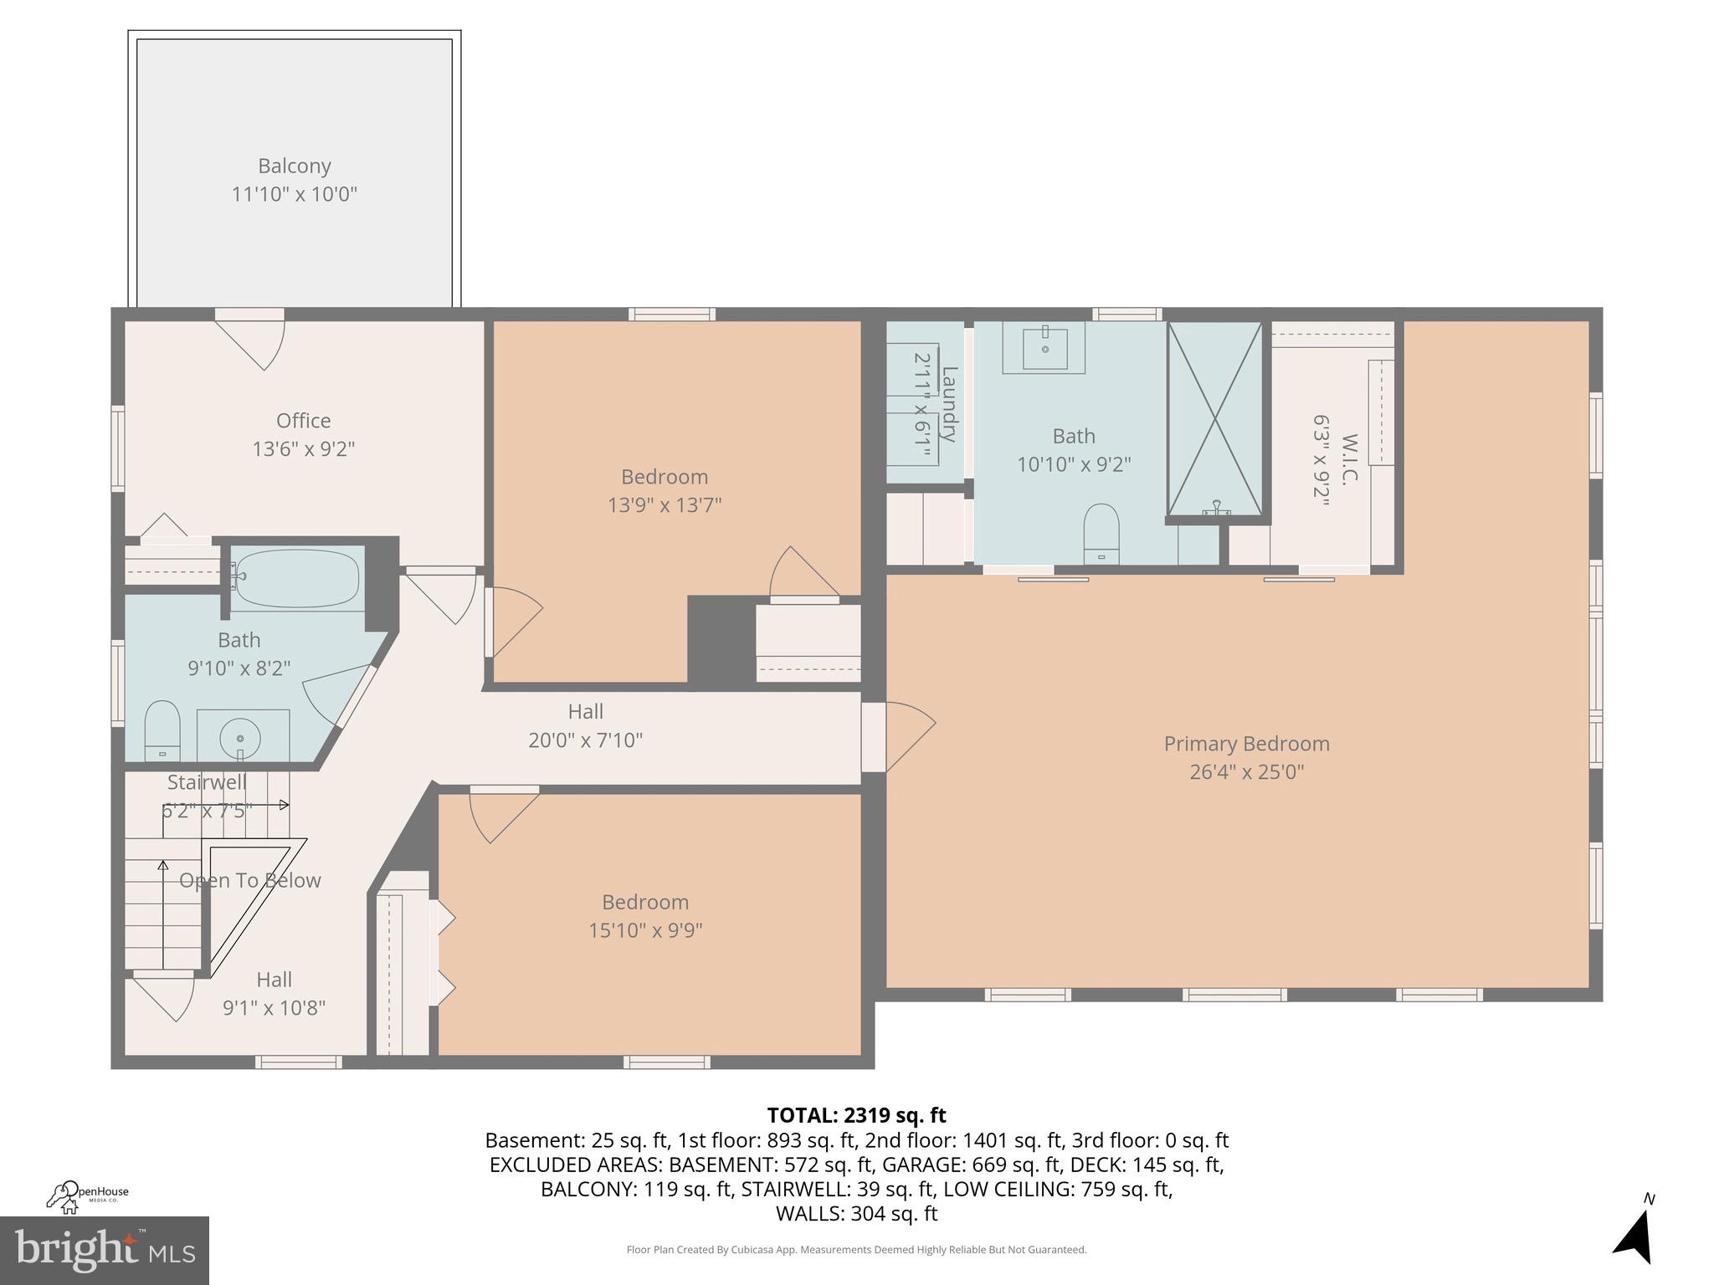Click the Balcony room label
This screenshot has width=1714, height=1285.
click(294, 166)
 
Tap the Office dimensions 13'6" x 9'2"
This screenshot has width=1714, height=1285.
click(303, 449)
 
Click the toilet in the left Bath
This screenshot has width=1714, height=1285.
click(162, 730)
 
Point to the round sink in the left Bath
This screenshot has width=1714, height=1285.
click(241, 738)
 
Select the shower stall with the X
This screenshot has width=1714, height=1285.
click(1214, 418)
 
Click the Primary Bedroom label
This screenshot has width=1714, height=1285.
click(1246, 744)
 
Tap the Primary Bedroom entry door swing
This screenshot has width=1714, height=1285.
click(908, 724)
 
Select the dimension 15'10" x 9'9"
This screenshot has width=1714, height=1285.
click(644, 930)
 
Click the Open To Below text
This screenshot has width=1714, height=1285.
click(250, 880)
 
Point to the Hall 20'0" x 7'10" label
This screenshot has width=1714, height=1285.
click(585, 725)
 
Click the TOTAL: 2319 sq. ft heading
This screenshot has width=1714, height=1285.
click(856, 1115)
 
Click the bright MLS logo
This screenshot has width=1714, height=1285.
click(104, 1250)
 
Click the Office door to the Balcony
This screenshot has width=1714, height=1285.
click(251, 339)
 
